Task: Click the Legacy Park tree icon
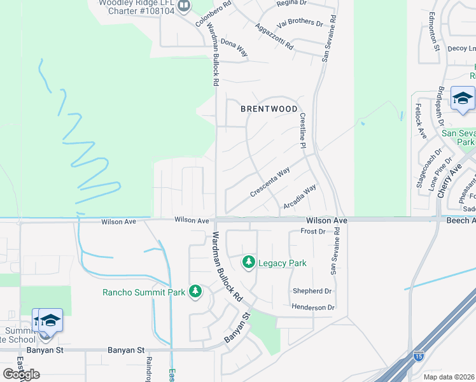[x=248, y=262]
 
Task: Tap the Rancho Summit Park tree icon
[x=195, y=292]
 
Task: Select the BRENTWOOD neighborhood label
[x=269, y=109]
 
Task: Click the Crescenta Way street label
[x=270, y=181]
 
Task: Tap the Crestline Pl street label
[x=303, y=132]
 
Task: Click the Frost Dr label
[x=312, y=232]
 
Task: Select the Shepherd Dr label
[x=312, y=291]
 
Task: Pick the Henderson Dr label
[x=313, y=308]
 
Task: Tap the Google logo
[x=21, y=374]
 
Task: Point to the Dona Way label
[x=234, y=49]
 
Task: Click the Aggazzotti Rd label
[x=274, y=37]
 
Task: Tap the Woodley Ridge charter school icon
[x=185, y=6]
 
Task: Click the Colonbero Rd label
[x=204, y=13]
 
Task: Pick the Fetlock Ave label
[x=420, y=121]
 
